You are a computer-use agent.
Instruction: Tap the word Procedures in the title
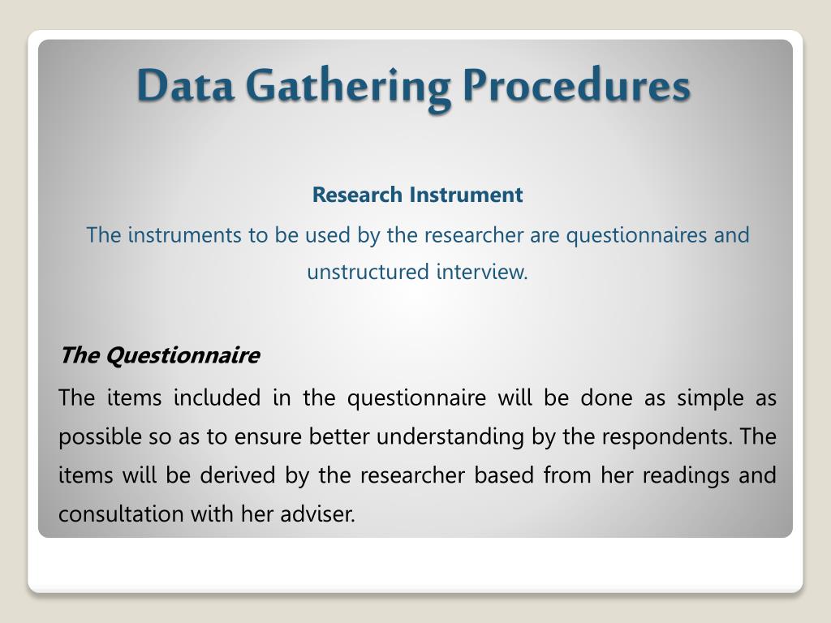pyautogui.click(x=577, y=86)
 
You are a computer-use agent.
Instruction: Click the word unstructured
pyautogui.click(x=368, y=272)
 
